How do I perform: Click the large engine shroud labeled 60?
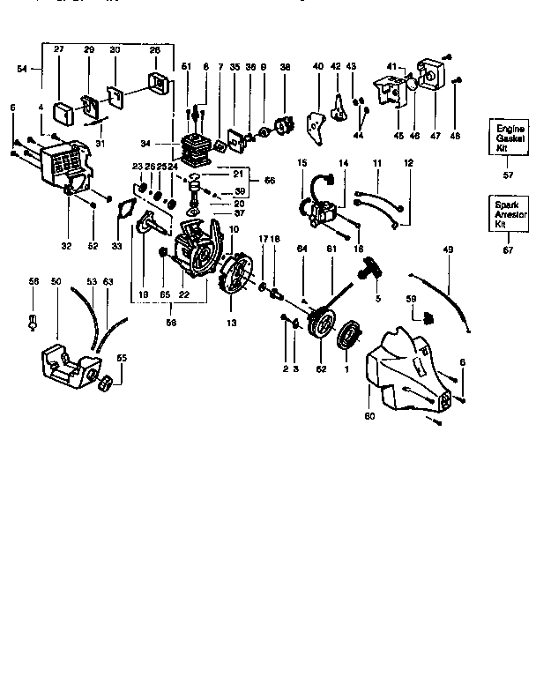(x=408, y=368)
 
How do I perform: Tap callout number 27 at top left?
(x=59, y=50)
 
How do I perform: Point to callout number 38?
(x=285, y=66)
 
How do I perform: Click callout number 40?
(x=317, y=66)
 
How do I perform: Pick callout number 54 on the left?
(x=22, y=67)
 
